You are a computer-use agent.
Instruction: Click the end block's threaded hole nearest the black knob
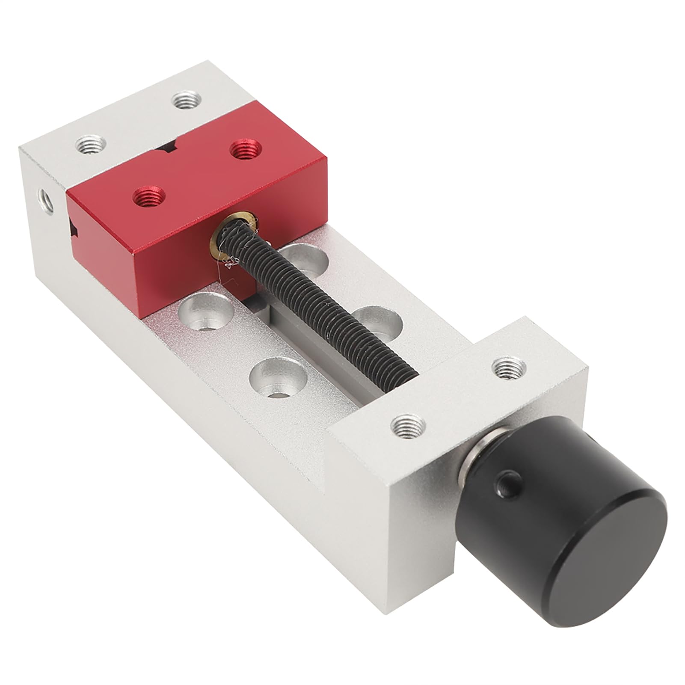tap(409, 425)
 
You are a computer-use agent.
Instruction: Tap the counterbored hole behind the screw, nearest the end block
tap(379, 321)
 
